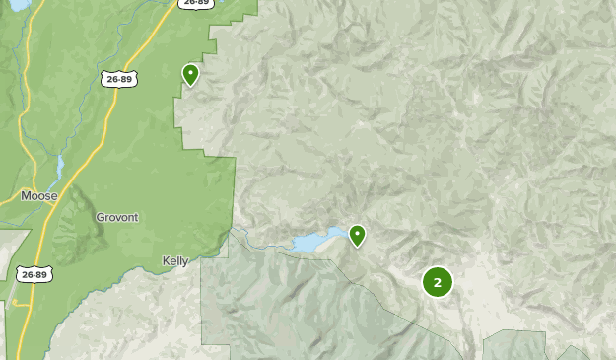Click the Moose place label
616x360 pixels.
[x=39, y=196]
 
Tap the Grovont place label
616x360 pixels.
[x=117, y=217]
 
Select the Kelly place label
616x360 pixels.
[x=174, y=260]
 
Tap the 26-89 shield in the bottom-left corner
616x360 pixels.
[x=34, y=274]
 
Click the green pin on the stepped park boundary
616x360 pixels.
[x=190, y=72]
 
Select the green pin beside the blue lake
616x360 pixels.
[x=357, y=234]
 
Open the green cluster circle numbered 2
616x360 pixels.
[x=438, y=282]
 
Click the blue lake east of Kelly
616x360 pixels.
[x=315, y=242]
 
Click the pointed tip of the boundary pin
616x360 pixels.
[x=190, y=86]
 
